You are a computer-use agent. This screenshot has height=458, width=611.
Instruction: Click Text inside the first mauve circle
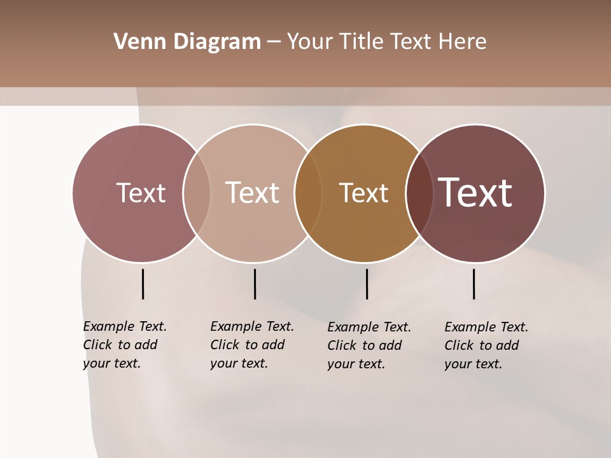pyautogui.click(x=141, y=193)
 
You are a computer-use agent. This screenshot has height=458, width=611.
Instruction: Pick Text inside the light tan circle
pyautogui.click(x=252, y=193)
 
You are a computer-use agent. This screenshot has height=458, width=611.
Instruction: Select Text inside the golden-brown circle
pyautogui.click(x=363, y=193)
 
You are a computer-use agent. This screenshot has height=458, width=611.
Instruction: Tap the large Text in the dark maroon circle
pyautogui.click(x=475, y=193)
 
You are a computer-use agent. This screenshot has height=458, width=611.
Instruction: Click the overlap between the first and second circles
pyautogui.click(x=197, y=193)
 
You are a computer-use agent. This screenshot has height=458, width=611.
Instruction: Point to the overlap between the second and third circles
pyautogui.click(x=308, y=193)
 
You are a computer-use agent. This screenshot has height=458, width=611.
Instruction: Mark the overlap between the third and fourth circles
pyautogui.click(x=419, y=193)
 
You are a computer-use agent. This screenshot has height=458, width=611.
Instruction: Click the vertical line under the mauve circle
pyautogui.click(x=143, y=284)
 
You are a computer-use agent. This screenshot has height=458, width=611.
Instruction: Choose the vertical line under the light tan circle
pyautogui.click(x=255, y=284)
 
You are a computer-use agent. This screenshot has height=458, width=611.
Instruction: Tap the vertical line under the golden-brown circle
pyautogui.click(x=367, y=284)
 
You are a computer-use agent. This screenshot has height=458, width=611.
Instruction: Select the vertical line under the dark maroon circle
pyautogui.click(x=474, y=284)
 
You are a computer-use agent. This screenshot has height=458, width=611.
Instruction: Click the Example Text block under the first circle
pyautogui.click(x=124, y=345)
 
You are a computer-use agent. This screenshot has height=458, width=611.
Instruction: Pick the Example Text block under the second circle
pyautogui.click(x=251, y=345)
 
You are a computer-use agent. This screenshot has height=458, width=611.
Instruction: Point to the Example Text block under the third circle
pyautogui.click(x=369, y=345)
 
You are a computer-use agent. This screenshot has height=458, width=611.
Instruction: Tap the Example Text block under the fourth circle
pyautogui.click(x=486, y=345)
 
